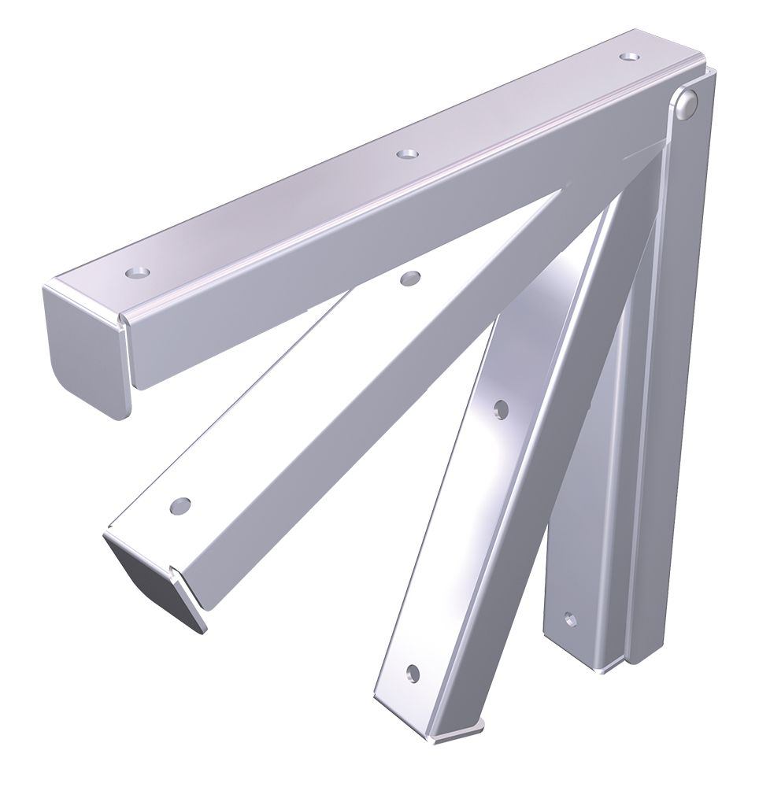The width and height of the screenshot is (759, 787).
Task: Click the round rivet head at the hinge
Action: tap(687, 104)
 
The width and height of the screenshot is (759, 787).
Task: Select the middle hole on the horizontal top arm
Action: tap(406, 154)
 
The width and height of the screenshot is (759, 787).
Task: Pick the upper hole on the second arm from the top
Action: tap(409, 279)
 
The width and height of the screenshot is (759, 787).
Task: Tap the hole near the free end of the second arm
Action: tap(181, 504)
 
